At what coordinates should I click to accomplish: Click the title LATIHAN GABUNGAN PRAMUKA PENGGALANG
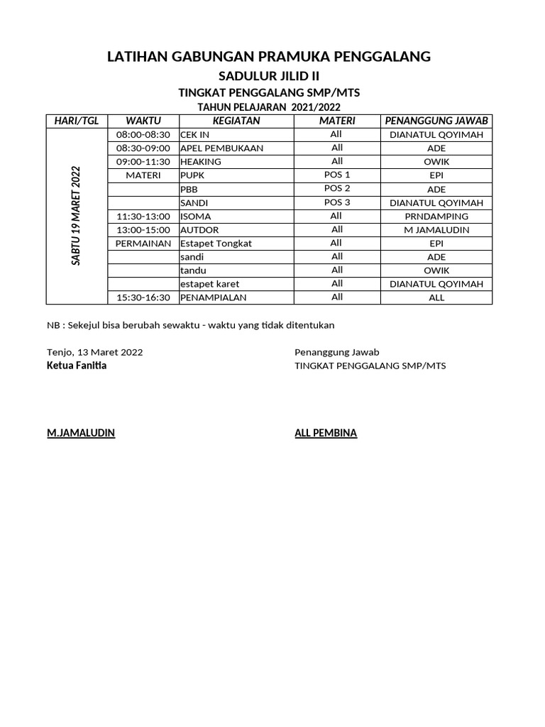point(268,56)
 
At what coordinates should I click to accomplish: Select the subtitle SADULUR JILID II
point(268,77)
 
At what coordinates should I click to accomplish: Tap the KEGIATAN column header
point(236,121)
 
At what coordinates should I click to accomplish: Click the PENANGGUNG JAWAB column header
point(436,121)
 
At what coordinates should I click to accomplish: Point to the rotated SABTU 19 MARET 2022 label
point(76,216)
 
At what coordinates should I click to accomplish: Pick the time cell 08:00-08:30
point(143,135)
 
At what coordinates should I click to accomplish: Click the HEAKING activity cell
point(201,162)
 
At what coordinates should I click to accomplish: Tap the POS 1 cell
point(337,175)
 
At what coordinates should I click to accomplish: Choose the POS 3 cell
point(337,202)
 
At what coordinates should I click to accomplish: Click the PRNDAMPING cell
point(436,217)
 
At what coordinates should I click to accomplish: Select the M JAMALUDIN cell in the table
point(436,230)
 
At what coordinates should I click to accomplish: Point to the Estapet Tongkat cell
point(216,244)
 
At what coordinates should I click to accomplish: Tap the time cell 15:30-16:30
point(143,297)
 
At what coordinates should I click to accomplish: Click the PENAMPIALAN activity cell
point(214,297)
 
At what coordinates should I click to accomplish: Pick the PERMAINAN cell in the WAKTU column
point(143,244)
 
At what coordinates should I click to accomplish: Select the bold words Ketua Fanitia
point(77,366)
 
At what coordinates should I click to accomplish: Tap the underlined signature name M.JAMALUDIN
point(81,433)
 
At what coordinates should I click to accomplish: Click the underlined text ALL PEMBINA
point(326,433)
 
